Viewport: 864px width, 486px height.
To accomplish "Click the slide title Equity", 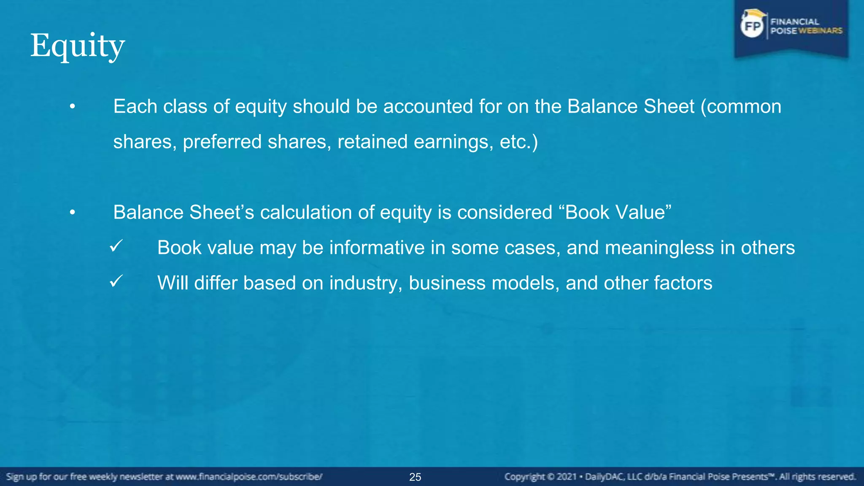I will (78, 46).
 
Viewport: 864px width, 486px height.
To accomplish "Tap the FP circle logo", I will (753, 26).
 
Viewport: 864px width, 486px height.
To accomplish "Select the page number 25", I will (415, 477).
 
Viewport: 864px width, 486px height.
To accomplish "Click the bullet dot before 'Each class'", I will (73, 107).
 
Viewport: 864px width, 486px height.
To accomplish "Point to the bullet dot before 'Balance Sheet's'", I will (73, 213).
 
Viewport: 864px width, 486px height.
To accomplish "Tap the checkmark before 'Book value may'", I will (116, 246).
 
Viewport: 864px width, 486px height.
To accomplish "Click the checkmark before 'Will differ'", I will (116, 281).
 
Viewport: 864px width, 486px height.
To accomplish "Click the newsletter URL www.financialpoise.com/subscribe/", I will (249, 477).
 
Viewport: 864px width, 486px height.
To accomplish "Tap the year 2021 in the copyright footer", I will (566, 477).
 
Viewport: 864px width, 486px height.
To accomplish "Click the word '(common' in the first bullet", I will (741, 107).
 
